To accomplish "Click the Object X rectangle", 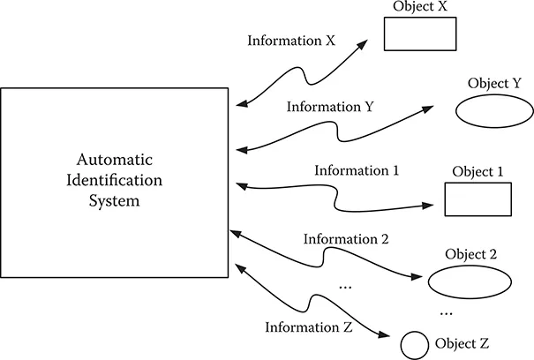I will click(x=419, y=34).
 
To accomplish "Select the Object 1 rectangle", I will click(x=478, y=199).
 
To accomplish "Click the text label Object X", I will click(x=420, y=7).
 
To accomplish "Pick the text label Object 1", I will click(x=477, y=171).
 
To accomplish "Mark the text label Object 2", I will click(x=472, y=255).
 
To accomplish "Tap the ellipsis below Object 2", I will click(x=447, y=311).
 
